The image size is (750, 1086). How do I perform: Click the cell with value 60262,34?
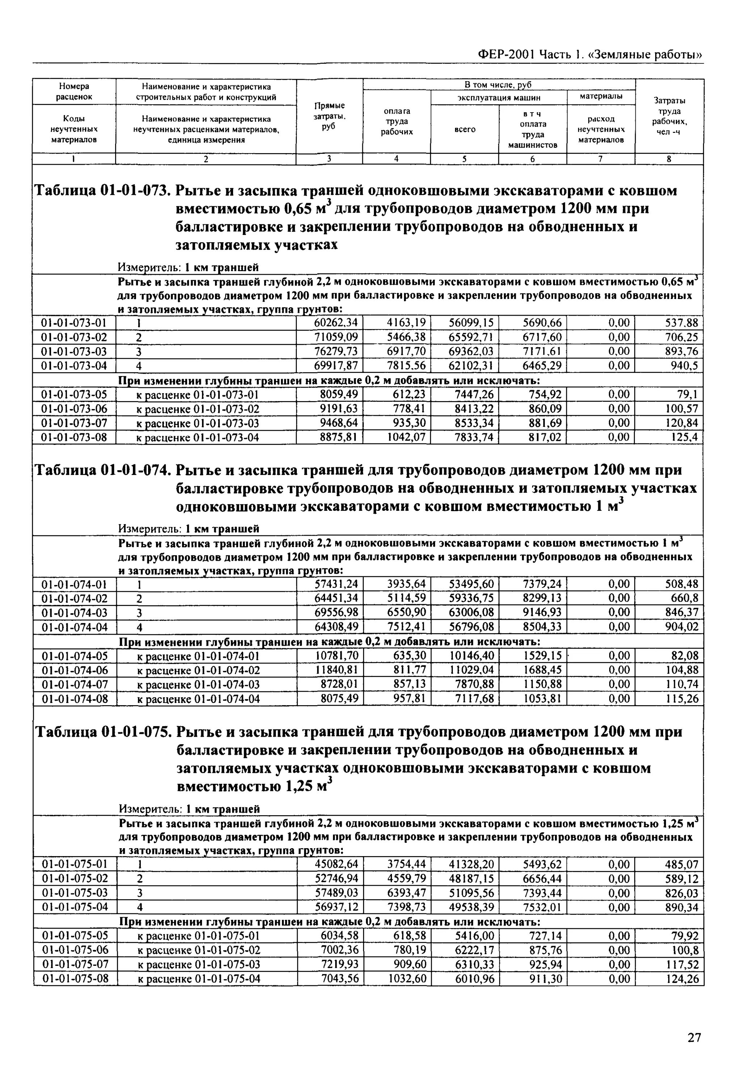point(336,323)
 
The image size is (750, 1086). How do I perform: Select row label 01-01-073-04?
point(74,366)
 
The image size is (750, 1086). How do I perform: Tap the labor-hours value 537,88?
point(681,323)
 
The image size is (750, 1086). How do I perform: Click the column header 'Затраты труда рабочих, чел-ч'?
point(669,116)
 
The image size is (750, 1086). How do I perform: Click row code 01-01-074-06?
point(74,670)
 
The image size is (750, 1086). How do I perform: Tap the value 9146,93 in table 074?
point(542,612)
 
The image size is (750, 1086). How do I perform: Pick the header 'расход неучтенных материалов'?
point(601,129)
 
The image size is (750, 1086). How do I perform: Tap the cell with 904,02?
point(681,627)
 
